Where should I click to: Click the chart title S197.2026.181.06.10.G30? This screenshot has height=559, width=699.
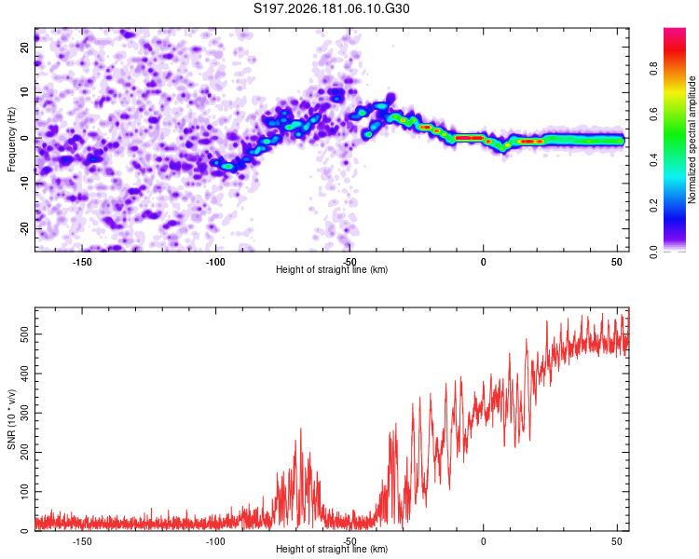331,8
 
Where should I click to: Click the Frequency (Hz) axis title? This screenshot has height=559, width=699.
11,140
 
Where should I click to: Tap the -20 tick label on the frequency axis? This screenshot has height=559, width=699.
24,228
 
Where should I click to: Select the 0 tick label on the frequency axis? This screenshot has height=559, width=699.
24,138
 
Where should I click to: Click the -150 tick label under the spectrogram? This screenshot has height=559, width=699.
82,262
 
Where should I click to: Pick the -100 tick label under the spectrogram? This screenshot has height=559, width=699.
215,262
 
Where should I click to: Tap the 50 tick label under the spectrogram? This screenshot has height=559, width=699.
617,262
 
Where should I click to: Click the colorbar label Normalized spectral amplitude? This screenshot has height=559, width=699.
692,140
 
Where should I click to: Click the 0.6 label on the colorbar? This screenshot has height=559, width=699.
653,114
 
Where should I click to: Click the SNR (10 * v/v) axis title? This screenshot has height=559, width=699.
11,419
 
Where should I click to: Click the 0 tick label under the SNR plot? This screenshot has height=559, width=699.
483,541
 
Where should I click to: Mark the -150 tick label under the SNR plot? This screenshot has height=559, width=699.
82,541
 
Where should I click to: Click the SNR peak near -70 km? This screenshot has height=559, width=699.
300,429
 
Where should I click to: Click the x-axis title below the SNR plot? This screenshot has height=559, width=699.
331,549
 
